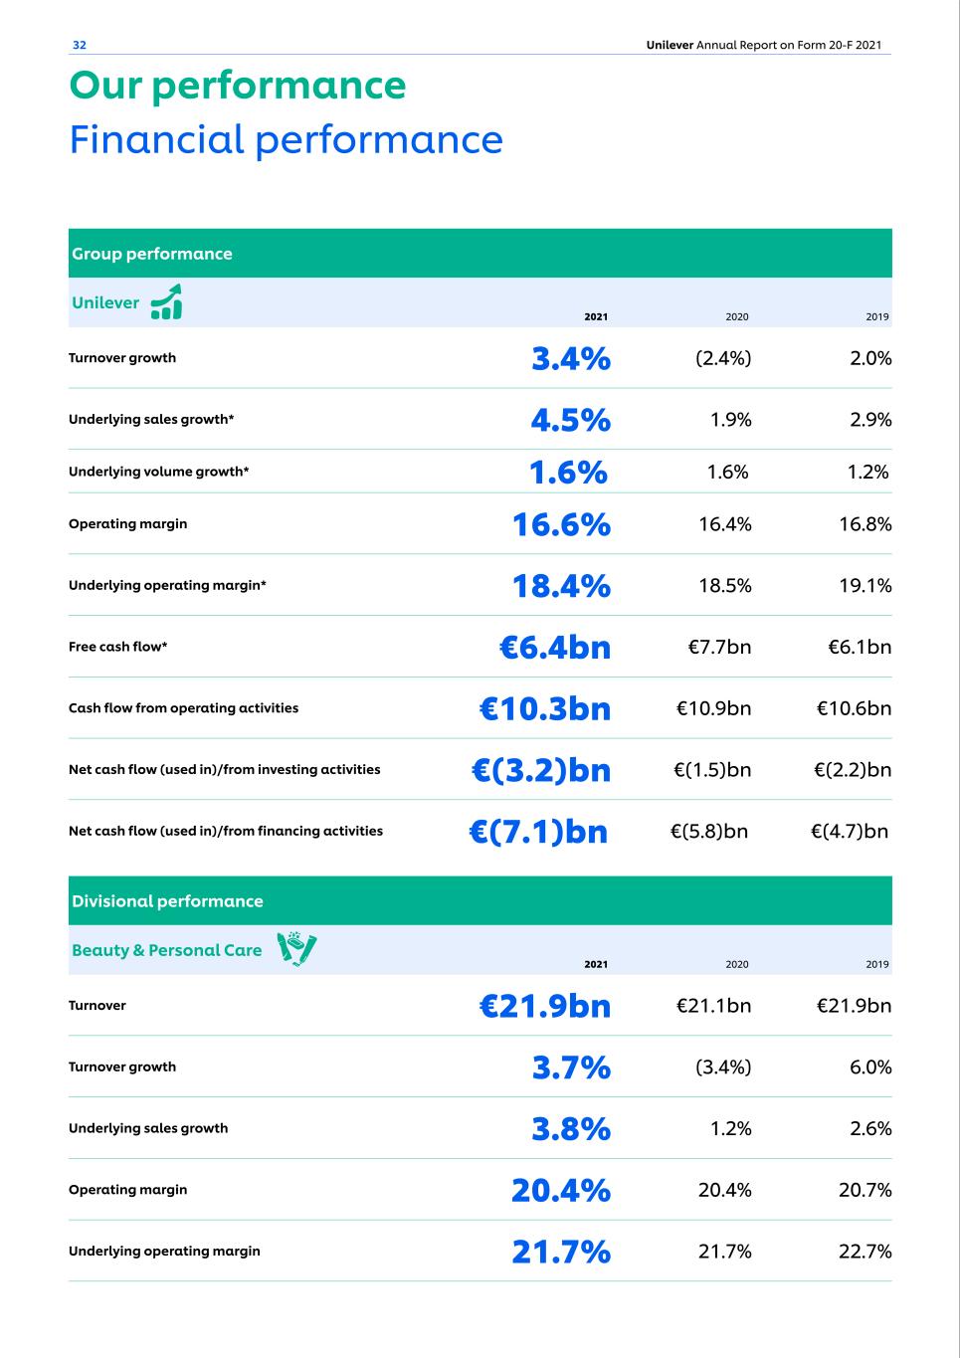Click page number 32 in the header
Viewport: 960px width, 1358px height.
pyautogui.click(x=80, y=45)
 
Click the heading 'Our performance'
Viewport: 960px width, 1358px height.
pyautogui.click(x=238, y=86)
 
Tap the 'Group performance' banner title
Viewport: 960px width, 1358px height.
pyautogui.click(x=152, y=254)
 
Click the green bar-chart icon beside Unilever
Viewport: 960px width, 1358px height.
pyautogui.click(x=166, y=301)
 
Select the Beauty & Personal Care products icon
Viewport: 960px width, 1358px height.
pyautogui.click(x=297, y=949)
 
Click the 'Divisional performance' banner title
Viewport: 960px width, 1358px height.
pyautogui.click(x=167, y=901)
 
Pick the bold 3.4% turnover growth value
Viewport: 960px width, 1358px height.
pyautogui.click(x=570, y=358)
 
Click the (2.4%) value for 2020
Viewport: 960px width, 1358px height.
pyautogui.click(x=723, y=358)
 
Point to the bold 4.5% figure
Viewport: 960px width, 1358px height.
pyautogui.click(x=570, y=420)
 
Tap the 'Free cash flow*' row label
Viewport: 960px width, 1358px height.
pyautogui.click(x=117, y=647)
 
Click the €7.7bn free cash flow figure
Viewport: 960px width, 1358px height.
pyautogui.click(x=719, y=647)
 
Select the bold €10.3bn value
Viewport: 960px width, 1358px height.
pyautogui.click(x=544, y=708)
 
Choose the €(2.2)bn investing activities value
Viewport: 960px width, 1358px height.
pyautogui.click(x=852, y=770)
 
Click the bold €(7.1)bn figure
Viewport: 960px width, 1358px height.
pyautogui.click(x=538, y=832)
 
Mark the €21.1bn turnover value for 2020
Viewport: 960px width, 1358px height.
pyautogui.click(x=713, y=1006)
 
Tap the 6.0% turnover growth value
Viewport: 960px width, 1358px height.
pyautogui.click(x=870, y=1067)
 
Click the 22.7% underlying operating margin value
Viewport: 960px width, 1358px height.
pyautogui.click(x=864, y=1252)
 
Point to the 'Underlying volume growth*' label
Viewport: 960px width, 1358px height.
pyautogui.click(x=158, y=472)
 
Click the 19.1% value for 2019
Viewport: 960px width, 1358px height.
pyautogui.click(x=864, y=586)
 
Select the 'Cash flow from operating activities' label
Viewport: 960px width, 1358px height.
pyautogui.click(x=183, y=708)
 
